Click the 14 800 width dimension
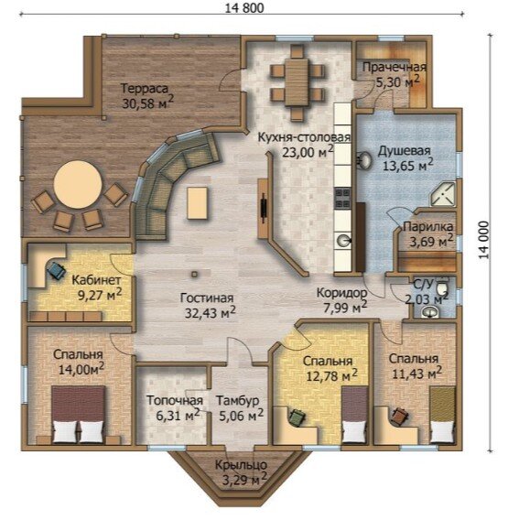tap(244, 7)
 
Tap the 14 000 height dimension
tap(484, 240)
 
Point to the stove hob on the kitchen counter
tap(342, 198)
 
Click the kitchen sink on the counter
tap(344, 241)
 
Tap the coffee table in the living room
tap(198, 203)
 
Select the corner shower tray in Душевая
tap(443, 195)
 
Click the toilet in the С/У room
tap(442, 287)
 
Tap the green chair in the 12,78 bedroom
tap(297, 417)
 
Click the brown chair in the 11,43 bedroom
tap(399, 416)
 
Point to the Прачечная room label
tap(395, 68)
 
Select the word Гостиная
tap(207, 298)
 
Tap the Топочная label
tap(175, 400)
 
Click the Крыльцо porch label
tap(241, 465)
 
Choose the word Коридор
tap(342, 293)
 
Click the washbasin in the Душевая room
tap(364, 160)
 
